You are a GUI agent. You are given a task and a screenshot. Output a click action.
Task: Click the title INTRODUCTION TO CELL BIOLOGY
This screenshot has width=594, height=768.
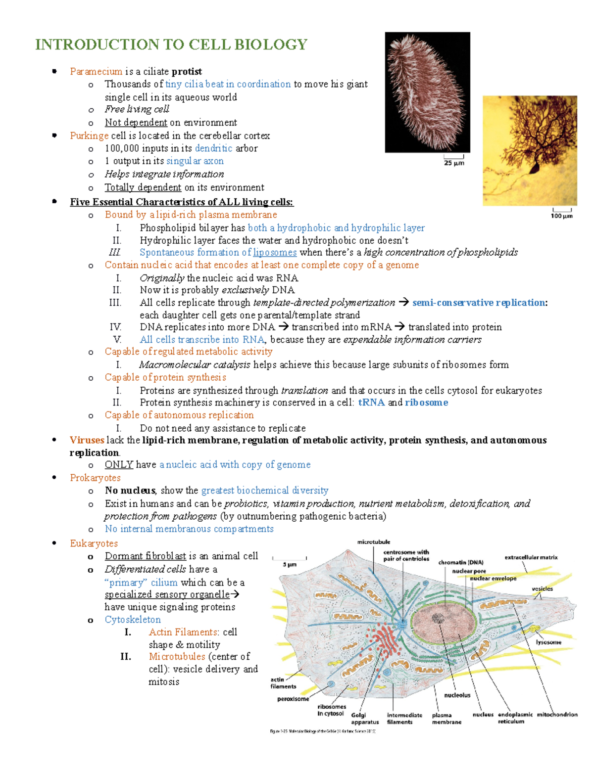point(171,45)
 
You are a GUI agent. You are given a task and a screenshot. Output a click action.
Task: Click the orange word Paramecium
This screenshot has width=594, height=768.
point(96,71)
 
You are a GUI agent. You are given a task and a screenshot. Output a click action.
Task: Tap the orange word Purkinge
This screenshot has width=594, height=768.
point(89,136)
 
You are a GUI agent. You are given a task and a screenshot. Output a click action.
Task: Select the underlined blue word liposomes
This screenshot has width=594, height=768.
point(275,252)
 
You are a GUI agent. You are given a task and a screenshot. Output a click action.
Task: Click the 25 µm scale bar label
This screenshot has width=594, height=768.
point(454,163)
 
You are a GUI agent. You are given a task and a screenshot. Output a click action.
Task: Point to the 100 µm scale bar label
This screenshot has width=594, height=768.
point(562,216)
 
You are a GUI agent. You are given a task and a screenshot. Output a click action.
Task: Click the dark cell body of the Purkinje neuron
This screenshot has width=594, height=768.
point(535,169)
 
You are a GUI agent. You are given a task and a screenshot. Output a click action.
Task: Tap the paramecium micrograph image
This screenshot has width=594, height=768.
point(427,92)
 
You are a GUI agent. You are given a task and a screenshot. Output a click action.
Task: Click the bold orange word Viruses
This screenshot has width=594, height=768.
point(87,440)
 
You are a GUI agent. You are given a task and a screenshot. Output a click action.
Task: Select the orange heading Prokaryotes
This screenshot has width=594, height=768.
point(95,478)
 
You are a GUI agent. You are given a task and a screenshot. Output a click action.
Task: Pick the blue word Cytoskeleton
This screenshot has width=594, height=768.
point(133,620)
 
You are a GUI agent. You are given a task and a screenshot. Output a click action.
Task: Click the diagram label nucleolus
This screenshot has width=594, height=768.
point(457,695)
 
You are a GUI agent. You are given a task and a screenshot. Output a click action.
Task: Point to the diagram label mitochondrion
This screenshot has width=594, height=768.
point(557,715)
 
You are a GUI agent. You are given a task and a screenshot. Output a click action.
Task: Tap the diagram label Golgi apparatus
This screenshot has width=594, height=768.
point(365,719)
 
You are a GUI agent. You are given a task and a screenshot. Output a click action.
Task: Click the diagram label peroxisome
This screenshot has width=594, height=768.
point(293,699)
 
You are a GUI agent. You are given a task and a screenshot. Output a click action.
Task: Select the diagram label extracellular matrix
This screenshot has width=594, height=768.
point(531,557)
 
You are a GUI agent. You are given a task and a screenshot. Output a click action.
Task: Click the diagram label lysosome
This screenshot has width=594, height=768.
point(548,642)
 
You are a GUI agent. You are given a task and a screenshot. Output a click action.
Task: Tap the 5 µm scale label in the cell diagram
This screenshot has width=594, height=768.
point(290,564)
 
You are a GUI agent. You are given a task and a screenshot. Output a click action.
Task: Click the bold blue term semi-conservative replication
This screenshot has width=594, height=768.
point(479,303)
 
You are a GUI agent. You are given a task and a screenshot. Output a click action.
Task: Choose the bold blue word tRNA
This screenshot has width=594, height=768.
point(371,403)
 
